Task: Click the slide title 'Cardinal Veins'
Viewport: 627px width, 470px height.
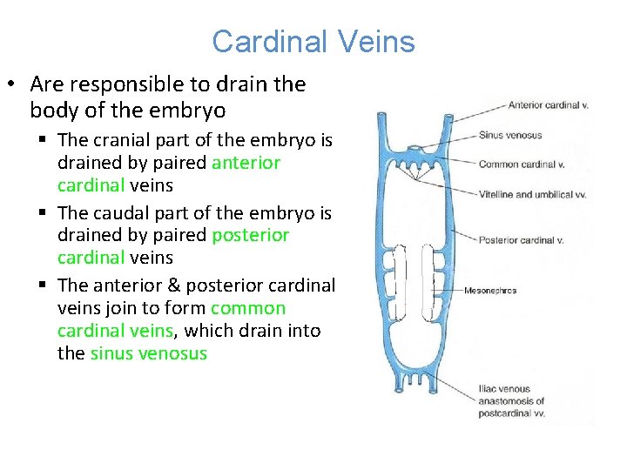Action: (x=313, y=41)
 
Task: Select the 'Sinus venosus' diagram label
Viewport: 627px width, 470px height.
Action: (x=510, y=135)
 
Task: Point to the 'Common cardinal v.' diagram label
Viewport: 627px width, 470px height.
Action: (x=522, y=164)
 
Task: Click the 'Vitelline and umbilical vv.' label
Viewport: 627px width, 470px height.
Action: (x=532, y=194)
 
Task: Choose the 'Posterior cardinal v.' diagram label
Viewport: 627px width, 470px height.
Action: (x=522, y=240)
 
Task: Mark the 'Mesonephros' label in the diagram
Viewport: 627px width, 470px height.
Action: (x=490, y=291)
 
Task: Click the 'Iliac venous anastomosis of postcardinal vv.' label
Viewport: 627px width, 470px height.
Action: (x=511, y=401)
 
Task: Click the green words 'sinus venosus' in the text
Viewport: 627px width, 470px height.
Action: (x=149, y=353)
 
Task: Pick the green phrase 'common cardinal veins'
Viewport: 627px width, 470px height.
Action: (x=171, y=319)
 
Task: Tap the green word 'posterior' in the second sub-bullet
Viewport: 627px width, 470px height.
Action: (x=251, y=235)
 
